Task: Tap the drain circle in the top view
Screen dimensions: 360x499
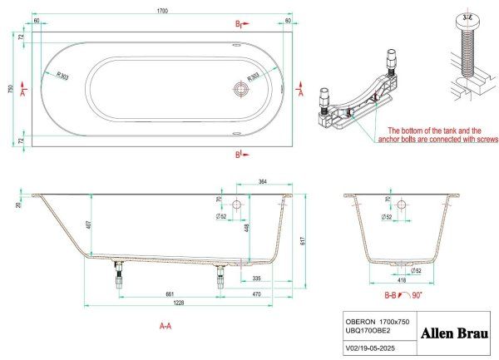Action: (x=241, y=87)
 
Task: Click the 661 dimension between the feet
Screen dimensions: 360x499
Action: (x=169, y=293)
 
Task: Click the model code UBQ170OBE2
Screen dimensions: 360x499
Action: (x=369, y=331)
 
